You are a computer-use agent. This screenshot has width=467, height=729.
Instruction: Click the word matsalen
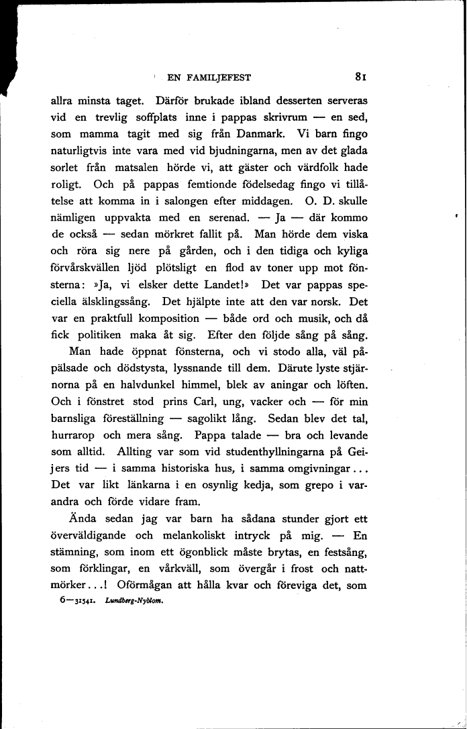[x=158, y=168]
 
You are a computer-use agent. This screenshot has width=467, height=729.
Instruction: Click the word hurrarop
[x=74, y=436]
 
